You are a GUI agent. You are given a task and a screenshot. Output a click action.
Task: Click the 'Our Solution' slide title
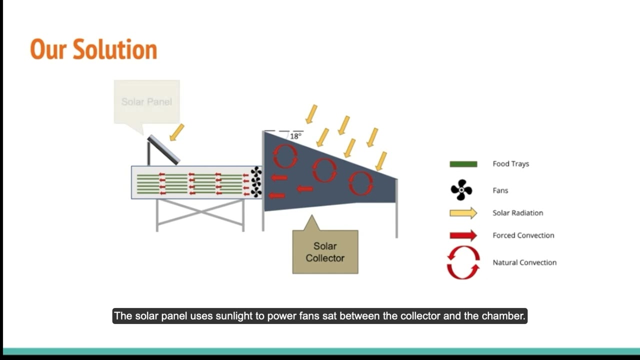(x=93, y=49)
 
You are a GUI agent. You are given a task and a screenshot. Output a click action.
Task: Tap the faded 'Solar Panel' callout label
(x=146, y=102)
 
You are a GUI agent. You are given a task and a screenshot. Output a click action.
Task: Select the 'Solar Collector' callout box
(x=325, y=252)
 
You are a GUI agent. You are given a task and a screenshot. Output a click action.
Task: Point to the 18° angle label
(x=295, y=136)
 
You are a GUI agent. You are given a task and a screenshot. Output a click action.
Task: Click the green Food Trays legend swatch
(x=463, y=164)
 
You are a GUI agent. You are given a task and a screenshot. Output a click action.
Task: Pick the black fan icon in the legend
(x=461, y=190)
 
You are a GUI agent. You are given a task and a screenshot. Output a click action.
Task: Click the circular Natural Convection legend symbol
(x=463, y=262)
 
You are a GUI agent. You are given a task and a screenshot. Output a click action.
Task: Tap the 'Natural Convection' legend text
(x=524, y=262)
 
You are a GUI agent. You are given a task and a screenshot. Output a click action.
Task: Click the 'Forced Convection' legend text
(x=523, y=235)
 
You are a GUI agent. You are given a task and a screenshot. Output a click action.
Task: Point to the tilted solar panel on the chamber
(x=164, y=149)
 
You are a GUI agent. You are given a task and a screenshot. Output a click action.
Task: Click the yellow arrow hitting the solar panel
(x=177, y=132)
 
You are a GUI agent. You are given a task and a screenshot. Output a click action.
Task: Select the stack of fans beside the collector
(x=256, y=182)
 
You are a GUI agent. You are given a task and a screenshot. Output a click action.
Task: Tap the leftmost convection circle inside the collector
(x=285, y=156)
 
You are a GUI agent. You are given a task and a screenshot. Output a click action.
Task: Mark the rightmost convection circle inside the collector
(x=360, y=183)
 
